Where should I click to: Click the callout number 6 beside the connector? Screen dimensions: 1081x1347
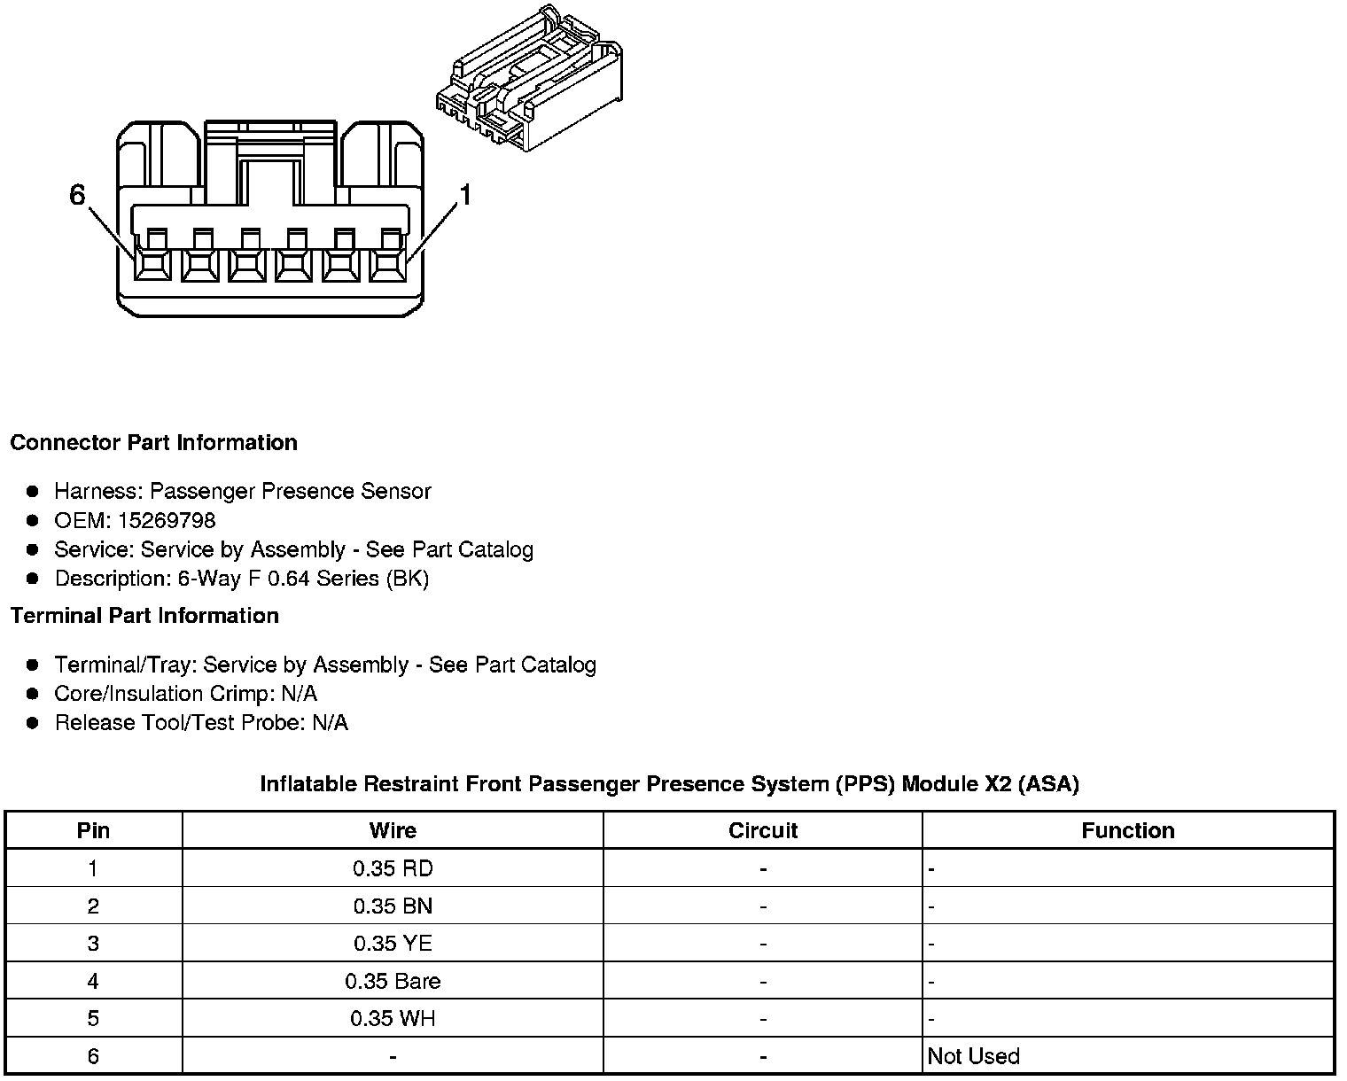pyautogui.click(x=78, y=194)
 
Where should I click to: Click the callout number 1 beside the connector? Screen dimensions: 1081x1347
pyautogui.click(x=463, y=194)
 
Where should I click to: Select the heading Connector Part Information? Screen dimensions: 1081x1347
pyautogui.click(x=153, y=442)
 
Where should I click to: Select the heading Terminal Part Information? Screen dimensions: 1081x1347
pyautogui.click(x=144, y=615)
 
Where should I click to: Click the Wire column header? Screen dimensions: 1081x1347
pyautogui.click(x=393, y=830)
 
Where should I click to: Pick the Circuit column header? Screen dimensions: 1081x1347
pyautogui.click(x=762, y=830)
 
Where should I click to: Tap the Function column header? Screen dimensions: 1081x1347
pyautogui.click(x=1127, y=830)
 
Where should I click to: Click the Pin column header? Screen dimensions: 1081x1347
pyautogui.click(x=93, y=830)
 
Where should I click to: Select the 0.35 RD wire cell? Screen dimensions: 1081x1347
pyautogui.click(x=393, y=868)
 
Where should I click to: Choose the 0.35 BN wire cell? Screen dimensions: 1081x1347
pyautogui.click(x=393, y=906)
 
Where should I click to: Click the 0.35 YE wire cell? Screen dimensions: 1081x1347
pyautogui.click(x=393, y=944)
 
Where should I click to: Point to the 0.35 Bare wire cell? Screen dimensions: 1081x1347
pyautogui.click(x=393, y=981)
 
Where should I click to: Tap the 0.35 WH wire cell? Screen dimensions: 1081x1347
pyautogui.click(x=393, y=1018)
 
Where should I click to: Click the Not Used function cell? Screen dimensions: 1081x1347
pyautogui.click(x=973, y=1056)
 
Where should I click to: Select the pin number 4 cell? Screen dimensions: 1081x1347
pyautogui.click(x=93, y=981)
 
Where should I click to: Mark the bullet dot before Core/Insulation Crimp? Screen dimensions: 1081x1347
pyautogui.click(x=33, y=694)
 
